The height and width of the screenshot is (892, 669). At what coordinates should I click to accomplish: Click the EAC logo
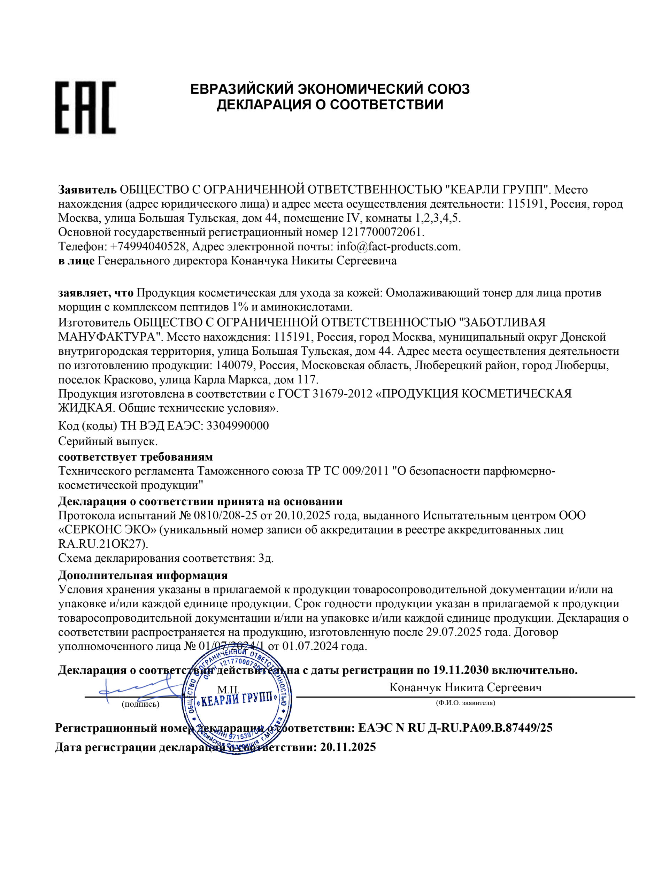click(x=85, y=107)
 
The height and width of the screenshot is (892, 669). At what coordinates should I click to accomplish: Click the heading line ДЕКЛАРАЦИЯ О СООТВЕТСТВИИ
click(x=330, y=105)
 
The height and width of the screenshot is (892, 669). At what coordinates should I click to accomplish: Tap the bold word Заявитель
click(x=87, y=190)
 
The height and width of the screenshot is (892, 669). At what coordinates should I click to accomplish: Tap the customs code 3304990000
click(x=238, y=426)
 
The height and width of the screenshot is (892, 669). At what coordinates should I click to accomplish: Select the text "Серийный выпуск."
click(x=108, y=441)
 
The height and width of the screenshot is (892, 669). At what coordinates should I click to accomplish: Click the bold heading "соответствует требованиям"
click(x=136, y=457)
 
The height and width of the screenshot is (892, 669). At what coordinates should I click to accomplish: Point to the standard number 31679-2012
click(x=342, y=394)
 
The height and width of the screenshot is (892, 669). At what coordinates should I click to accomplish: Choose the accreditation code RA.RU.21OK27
click(x=103, y=544)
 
